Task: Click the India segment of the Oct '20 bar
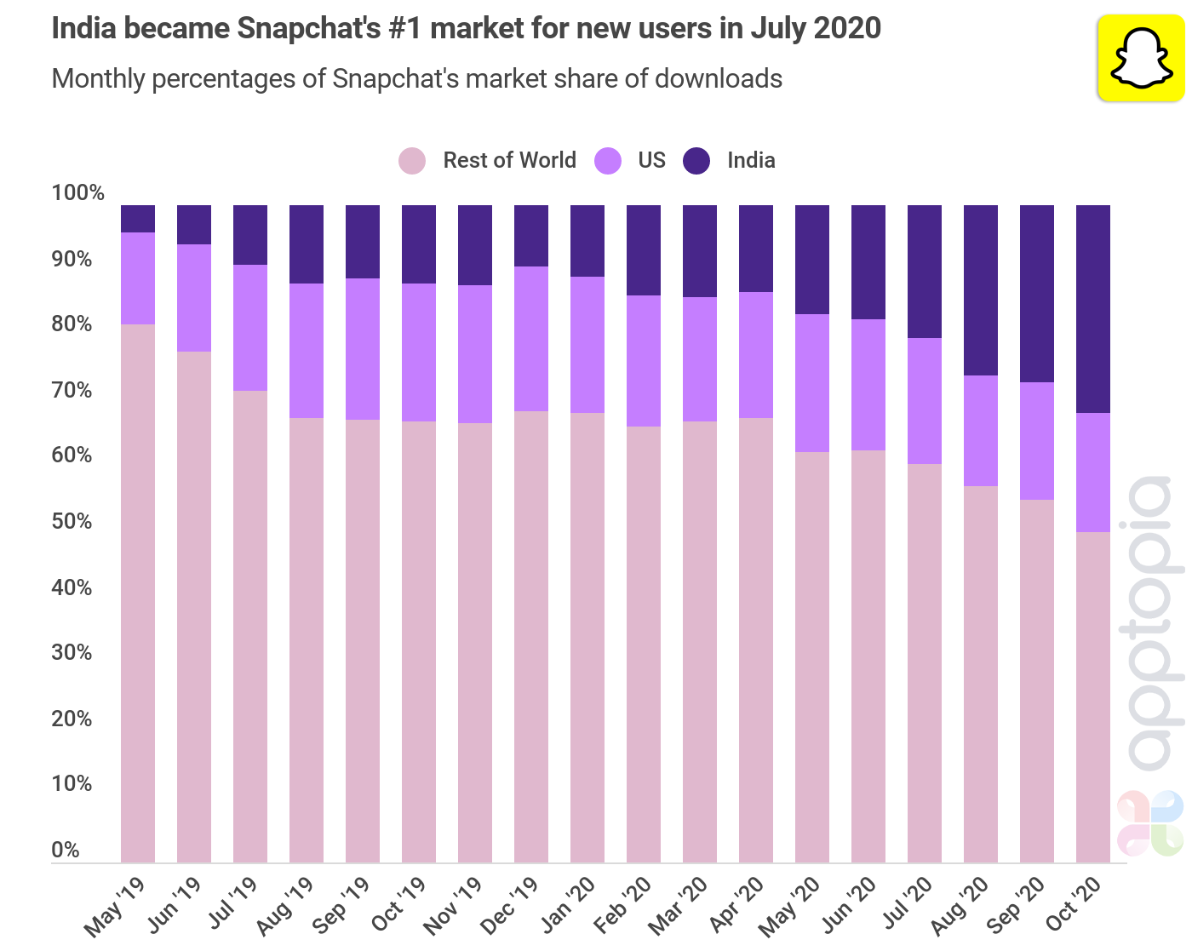point(1093,308)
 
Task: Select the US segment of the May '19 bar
point(138,278)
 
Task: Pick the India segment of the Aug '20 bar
point(981,289)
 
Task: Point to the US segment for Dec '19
point(531,339)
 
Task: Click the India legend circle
point(696,161)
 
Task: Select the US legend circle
point(608,161)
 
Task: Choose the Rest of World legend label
point(509,161)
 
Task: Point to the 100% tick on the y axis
point(77,193)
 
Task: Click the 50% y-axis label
point(72,521)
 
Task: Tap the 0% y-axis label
point(66,850)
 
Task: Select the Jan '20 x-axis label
point(569,904)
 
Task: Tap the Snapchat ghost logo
point(1140,59)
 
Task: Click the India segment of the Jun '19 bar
point(194,225)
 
